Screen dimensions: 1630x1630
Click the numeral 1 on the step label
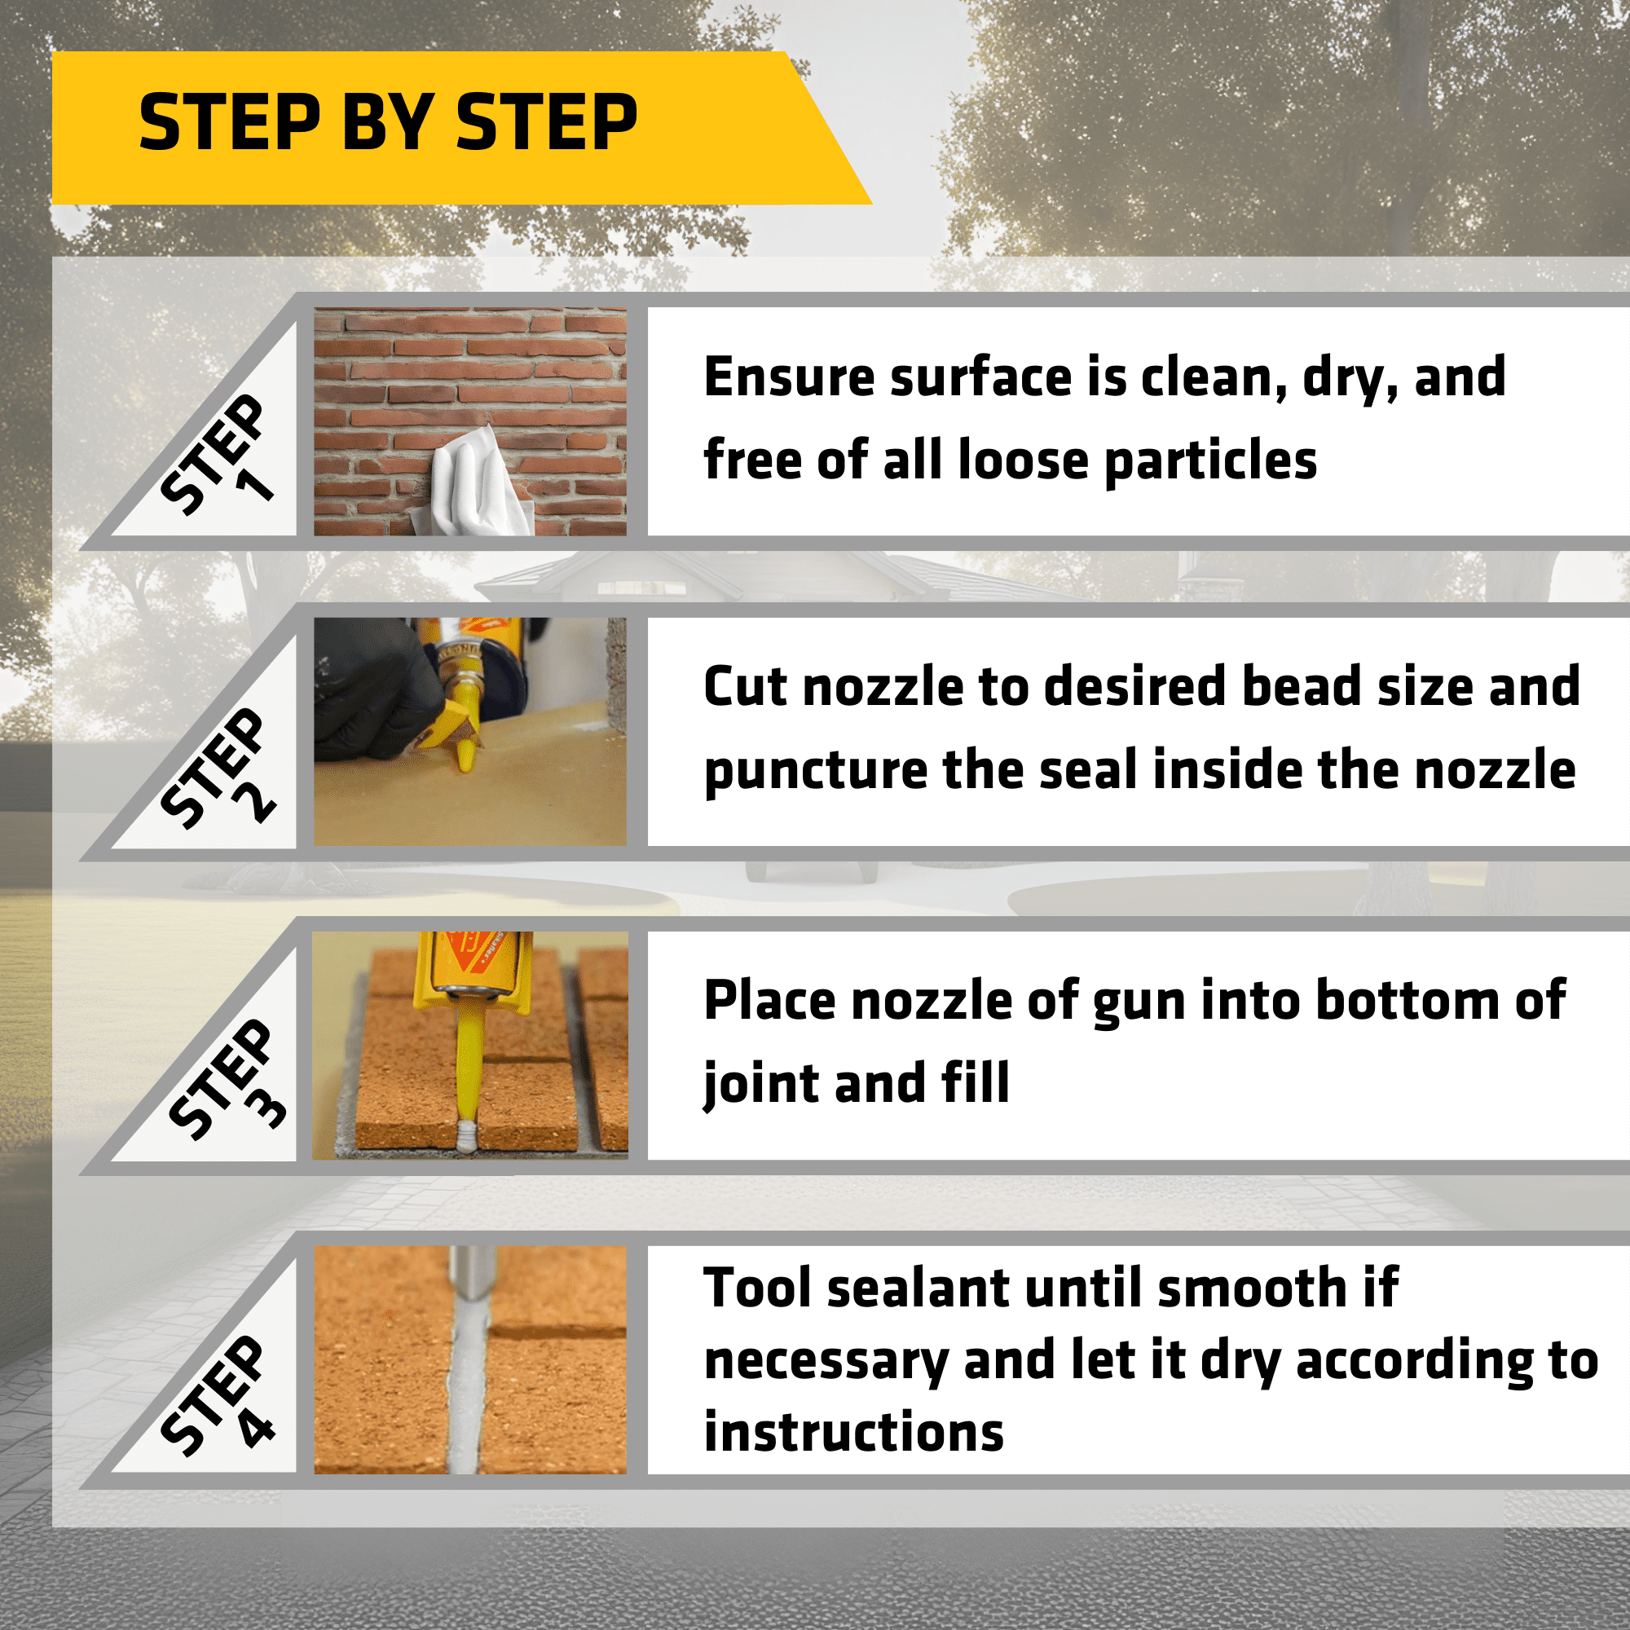(x=255, y=483)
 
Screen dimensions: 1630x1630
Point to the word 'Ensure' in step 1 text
(x=791, y=377)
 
